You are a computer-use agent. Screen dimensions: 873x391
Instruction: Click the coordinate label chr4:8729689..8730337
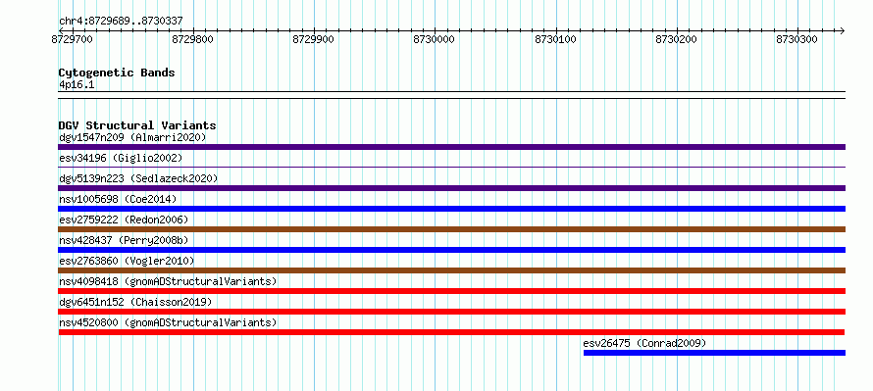click(121, 22)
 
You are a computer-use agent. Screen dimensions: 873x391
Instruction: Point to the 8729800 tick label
click(193, 39)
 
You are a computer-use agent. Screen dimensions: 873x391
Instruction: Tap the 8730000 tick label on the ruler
click(435, 39)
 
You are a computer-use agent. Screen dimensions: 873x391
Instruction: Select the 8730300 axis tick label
click(797, 39)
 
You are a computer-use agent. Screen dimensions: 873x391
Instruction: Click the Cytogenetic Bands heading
click(117, 73)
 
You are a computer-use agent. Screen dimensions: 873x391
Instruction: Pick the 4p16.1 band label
click(77, 84)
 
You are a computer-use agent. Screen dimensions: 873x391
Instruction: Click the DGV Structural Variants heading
click(137, 125)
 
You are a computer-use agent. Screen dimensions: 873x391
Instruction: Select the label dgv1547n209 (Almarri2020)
click(132, 137)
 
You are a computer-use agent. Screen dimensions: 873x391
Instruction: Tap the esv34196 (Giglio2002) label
click(121, 158)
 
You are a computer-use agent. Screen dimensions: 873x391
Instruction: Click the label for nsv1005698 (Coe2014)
click(118, 199)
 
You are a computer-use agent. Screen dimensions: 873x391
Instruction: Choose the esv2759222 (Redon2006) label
click(124, 220)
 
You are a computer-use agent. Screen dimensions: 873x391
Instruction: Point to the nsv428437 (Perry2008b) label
click(124, 240)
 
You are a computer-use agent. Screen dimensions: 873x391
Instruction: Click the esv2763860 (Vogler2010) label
click(127, 261)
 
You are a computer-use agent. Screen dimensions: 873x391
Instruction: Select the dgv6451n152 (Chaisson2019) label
click(135, 302)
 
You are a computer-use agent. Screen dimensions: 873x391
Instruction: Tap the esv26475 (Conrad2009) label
click(644, 343)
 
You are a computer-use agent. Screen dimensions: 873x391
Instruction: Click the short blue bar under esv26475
click(714, 353)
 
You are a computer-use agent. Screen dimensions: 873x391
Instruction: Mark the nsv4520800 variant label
click(168, 322)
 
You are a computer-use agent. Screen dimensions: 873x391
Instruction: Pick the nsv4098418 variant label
click(168, 281)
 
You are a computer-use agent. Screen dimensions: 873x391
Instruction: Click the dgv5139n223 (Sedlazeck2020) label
click(138, 178)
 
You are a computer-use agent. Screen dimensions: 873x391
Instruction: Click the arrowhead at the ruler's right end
click(843, 30)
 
